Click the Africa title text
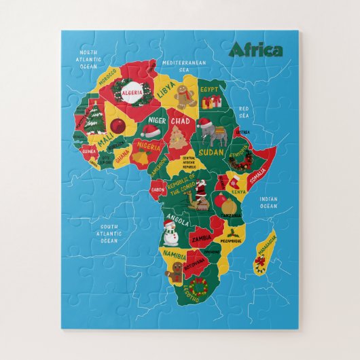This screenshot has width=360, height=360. (256, 50)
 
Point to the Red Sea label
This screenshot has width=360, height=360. (244, 111)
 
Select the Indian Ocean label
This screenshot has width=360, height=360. (268, 202)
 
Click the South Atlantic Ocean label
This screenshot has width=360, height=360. (109, 234)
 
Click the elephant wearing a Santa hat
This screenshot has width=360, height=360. (217, 135)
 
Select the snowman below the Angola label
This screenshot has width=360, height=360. (170, 233)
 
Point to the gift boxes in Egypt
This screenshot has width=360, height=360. (212, 102)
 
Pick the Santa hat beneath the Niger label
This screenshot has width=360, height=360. (151, 131)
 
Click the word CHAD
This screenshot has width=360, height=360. (181, 120)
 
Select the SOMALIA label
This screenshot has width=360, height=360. (257, 175)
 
